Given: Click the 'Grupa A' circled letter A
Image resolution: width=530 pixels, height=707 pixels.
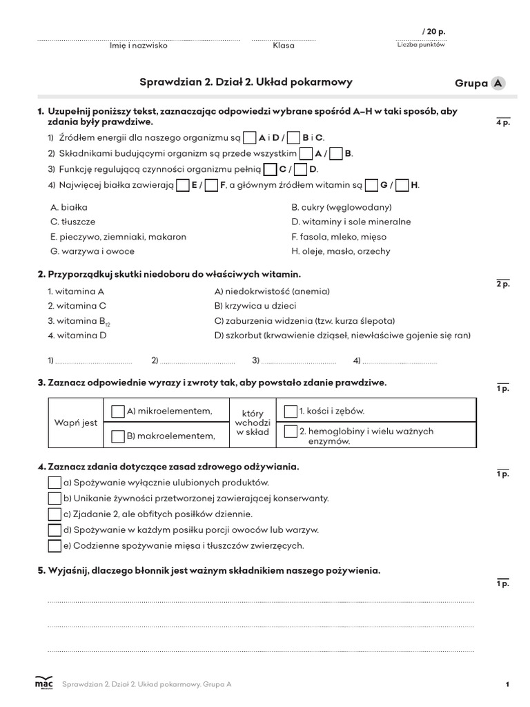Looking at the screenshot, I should point(498,84).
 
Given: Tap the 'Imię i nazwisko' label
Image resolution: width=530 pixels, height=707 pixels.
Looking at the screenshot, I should point(138,46).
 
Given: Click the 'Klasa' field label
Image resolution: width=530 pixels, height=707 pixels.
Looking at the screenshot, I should point(283,46).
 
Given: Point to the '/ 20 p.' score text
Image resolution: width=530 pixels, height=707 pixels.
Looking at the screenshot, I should point(433,32).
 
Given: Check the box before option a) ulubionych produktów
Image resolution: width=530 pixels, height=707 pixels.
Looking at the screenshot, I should point(55,483).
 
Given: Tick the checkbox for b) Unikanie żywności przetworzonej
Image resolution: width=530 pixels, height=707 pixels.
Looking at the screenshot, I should point(55,498).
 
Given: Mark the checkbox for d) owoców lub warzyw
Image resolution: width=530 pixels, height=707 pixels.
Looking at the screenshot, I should point(55,530).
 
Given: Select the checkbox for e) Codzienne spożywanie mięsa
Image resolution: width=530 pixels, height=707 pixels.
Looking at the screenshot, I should point(55,546).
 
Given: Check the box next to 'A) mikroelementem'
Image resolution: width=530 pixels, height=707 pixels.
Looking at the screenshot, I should point(118,411).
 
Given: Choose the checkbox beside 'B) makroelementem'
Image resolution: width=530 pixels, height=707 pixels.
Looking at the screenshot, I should point(118,436).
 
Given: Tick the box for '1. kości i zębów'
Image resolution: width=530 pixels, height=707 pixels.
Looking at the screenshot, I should point(291,411).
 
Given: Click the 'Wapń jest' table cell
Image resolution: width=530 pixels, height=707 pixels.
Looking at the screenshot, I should point(76,423).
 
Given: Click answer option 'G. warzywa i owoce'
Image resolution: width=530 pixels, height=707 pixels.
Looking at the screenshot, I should point(92,251).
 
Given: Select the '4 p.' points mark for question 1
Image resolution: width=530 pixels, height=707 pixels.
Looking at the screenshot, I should point(502,123).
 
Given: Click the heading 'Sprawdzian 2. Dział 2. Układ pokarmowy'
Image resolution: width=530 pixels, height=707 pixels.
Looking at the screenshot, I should point(246,82).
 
